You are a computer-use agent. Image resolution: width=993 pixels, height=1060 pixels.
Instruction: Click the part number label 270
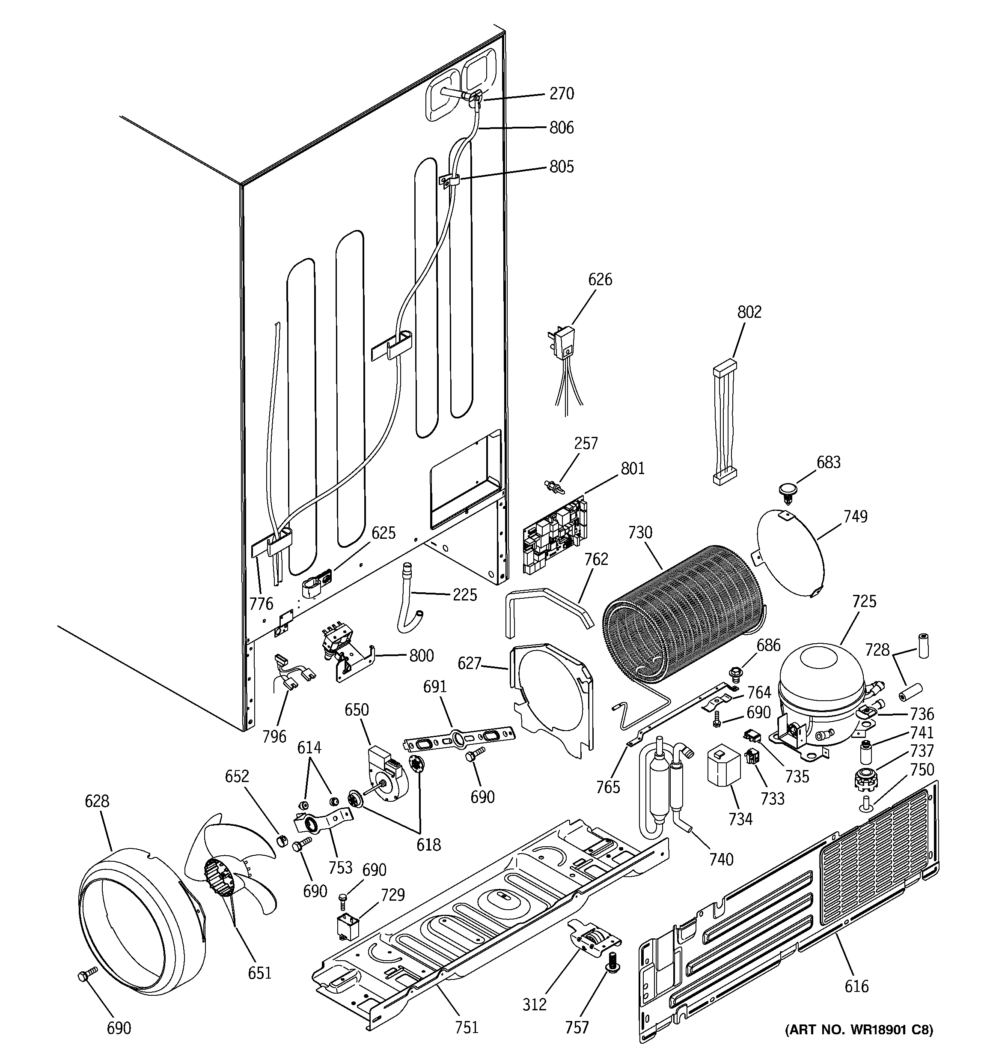(562, 94)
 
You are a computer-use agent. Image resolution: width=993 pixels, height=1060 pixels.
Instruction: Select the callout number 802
(749, 312)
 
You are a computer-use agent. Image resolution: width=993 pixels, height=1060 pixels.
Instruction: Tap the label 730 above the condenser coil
(639, 532)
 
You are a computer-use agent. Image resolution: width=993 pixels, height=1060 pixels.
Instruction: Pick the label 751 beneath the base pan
(467, 1027)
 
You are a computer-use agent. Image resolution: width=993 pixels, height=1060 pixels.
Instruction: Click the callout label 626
(600, 279)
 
